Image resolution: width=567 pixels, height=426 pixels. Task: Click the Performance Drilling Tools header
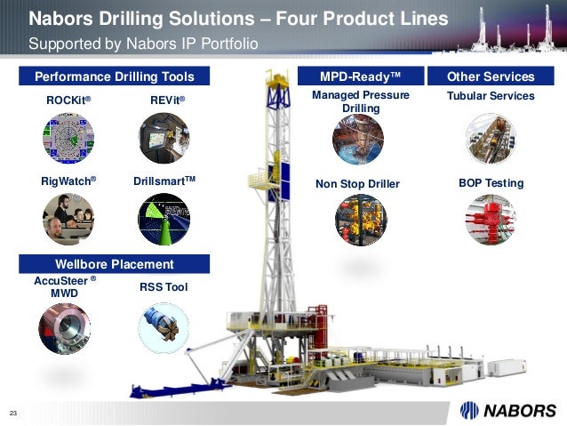(x=114, y=76)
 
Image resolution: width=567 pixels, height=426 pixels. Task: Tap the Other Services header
(x=491, y=76)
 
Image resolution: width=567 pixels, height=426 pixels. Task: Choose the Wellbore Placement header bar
(x=114, y=264)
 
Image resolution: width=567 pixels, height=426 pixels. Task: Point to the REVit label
(x=167, y=101)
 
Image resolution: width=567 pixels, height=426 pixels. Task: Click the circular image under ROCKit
(x=68, y=140)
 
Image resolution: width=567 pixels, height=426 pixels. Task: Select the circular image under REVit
(x=164, y=140)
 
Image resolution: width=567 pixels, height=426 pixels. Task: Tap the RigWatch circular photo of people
(x=68, y=219)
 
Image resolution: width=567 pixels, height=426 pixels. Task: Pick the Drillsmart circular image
(x=164, y=219)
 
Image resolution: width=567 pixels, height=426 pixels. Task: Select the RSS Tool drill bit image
(x=164, y=326)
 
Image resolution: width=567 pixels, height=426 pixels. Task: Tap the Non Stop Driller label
(x=358, y=184)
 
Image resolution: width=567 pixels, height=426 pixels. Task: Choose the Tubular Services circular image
(x=491, y=140)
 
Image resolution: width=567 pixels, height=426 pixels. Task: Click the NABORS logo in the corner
(x=507, y=410)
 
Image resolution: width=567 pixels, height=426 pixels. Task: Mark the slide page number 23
(x=14, y=412)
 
